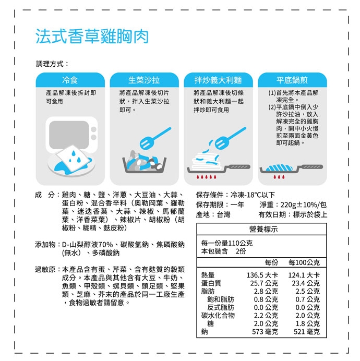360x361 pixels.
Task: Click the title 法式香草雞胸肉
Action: [92, 37]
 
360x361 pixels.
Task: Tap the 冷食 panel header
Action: [70, 80]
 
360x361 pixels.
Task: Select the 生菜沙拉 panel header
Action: [144, 80]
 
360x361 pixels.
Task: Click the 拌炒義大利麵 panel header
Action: [218, 80]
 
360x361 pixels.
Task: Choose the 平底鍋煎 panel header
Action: [292, 80]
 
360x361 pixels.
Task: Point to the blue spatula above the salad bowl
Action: [155, 138]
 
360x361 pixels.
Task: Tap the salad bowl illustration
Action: [145, 162]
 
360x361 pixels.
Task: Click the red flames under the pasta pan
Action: [206, 177]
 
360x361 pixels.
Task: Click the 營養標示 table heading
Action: [263, 229]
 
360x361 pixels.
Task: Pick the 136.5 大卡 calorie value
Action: [262, 275]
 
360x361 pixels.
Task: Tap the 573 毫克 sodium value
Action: [265, 332]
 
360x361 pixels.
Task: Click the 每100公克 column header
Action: [304, 262]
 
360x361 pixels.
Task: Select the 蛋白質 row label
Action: [211, 283]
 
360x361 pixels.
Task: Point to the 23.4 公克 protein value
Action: [306, 283]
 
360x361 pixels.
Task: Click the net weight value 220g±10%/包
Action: [304, 204]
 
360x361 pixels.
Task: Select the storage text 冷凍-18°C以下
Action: [253, 195]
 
